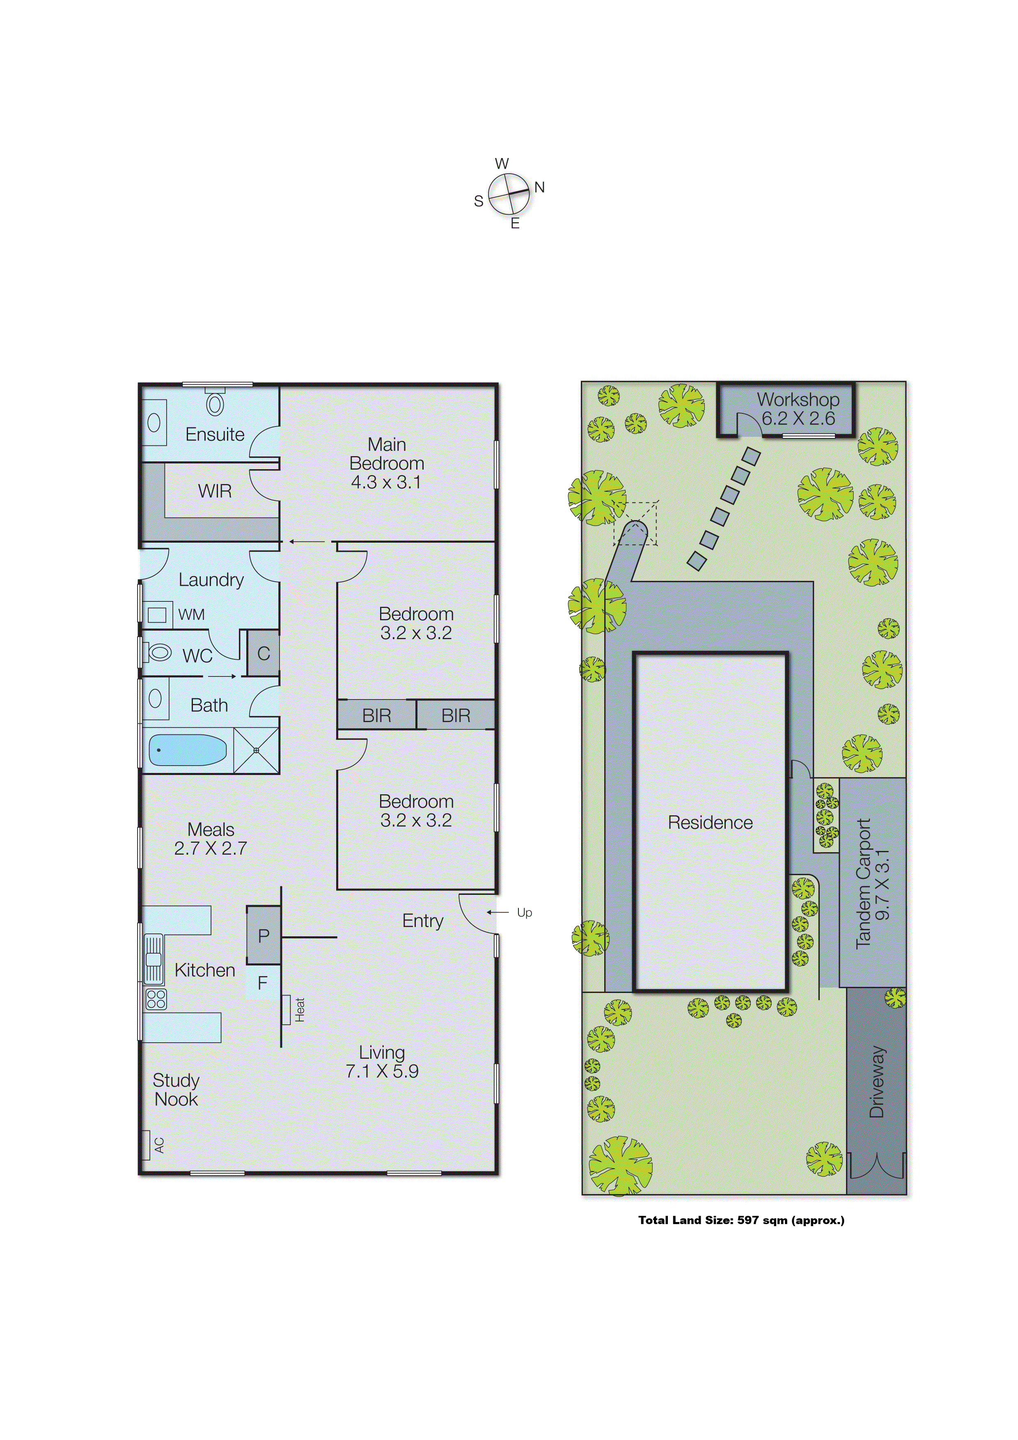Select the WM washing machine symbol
(x=157, y=615)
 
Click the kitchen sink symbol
(x=154, y=958)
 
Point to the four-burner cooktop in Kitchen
(x=156, y=998)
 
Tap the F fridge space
(x=263, y=983)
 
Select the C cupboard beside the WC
(x=264, y=654)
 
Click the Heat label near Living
(x=300, y=1010)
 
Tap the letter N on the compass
(x=539, y=187)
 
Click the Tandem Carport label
(x=864, y=884)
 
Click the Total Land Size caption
(x=741, y=1220)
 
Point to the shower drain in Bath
(x=256, y=750)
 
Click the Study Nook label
(x=176, y=1089)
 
